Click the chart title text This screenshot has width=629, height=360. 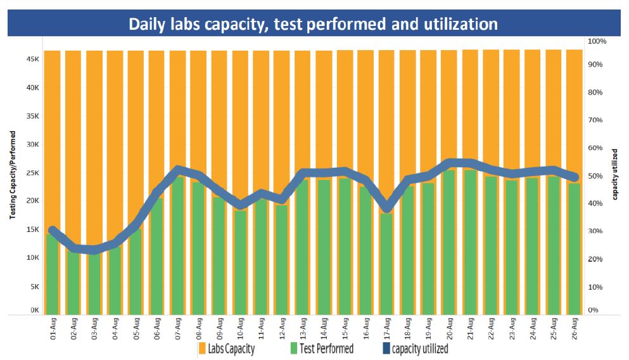tap(313, 24)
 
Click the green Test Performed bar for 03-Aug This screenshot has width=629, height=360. tap(94, 285)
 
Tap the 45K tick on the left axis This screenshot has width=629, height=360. tap(35, 59)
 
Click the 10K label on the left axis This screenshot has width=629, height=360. tap(35, 258)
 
